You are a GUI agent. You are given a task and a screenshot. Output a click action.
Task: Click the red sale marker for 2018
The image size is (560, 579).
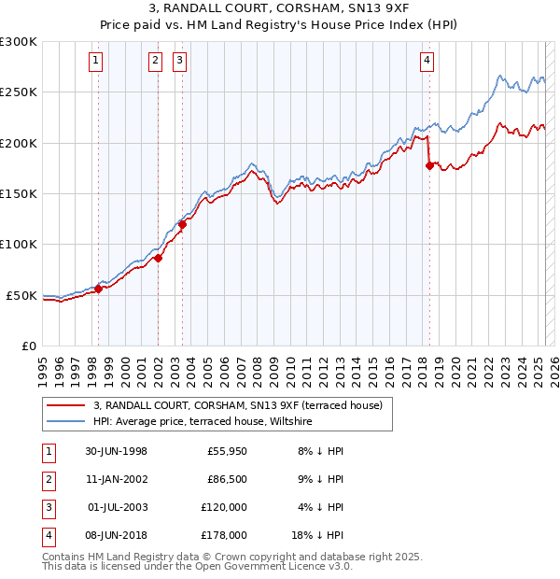429,165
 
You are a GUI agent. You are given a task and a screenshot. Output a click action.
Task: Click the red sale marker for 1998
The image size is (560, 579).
98,289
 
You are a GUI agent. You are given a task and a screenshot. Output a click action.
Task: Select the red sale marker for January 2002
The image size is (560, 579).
158,258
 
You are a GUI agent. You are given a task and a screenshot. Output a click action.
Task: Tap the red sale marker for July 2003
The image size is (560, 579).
182,224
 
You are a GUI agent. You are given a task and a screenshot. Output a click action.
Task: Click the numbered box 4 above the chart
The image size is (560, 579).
427,62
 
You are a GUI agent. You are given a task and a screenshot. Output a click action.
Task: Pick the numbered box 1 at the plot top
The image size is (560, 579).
97,62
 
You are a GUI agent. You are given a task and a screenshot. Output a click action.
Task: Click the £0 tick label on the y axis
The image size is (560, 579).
28,346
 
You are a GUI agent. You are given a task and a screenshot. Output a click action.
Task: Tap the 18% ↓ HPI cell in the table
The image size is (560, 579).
318,535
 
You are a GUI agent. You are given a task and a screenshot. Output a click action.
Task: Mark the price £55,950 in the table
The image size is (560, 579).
225,451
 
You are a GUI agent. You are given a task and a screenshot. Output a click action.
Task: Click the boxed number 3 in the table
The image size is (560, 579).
47,507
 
